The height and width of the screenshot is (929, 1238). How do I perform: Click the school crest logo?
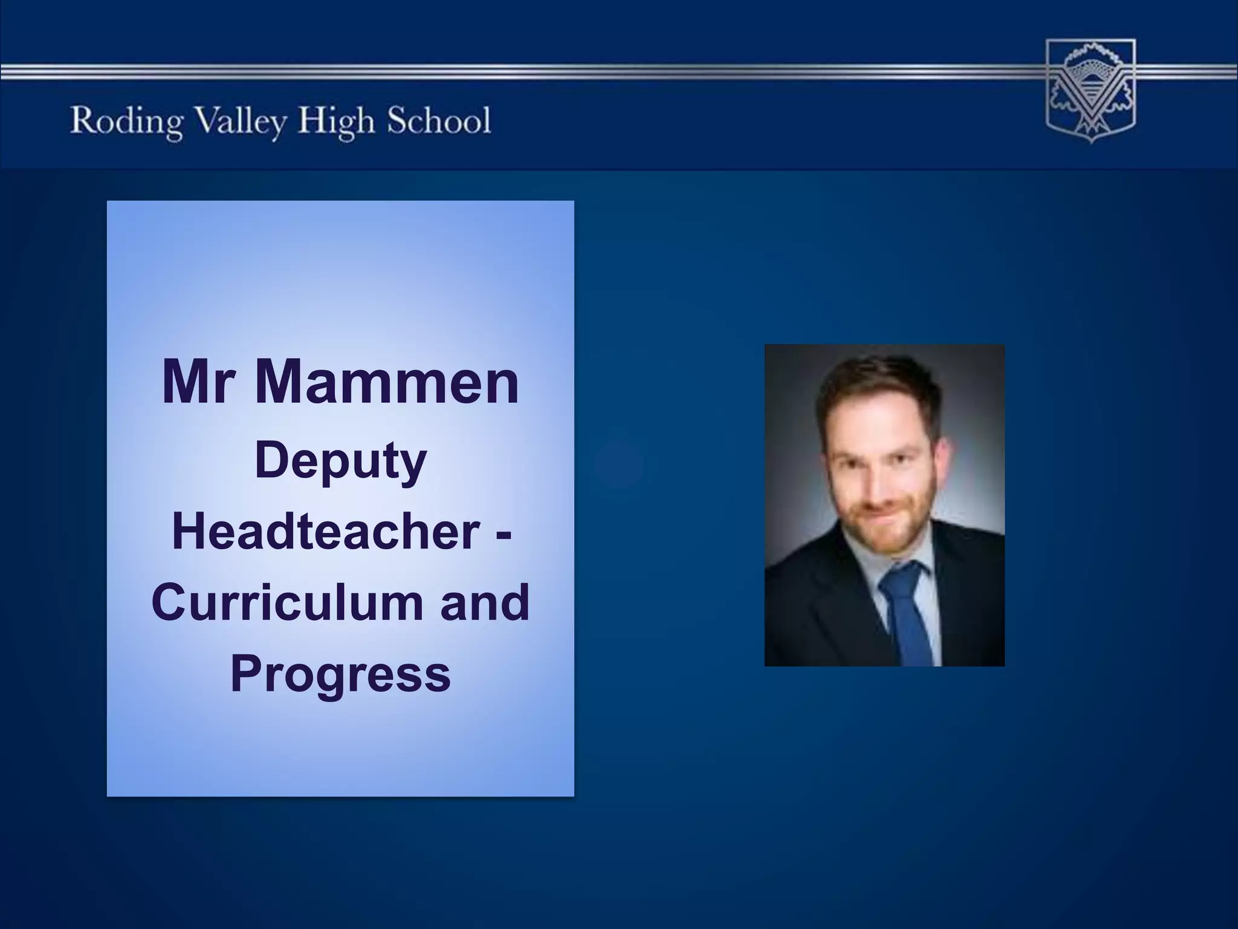click(1091, 91)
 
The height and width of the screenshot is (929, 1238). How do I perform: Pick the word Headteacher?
click(326, 532)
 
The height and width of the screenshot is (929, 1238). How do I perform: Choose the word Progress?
click(341, 674)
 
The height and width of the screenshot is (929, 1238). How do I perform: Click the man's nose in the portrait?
click(883, 484)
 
